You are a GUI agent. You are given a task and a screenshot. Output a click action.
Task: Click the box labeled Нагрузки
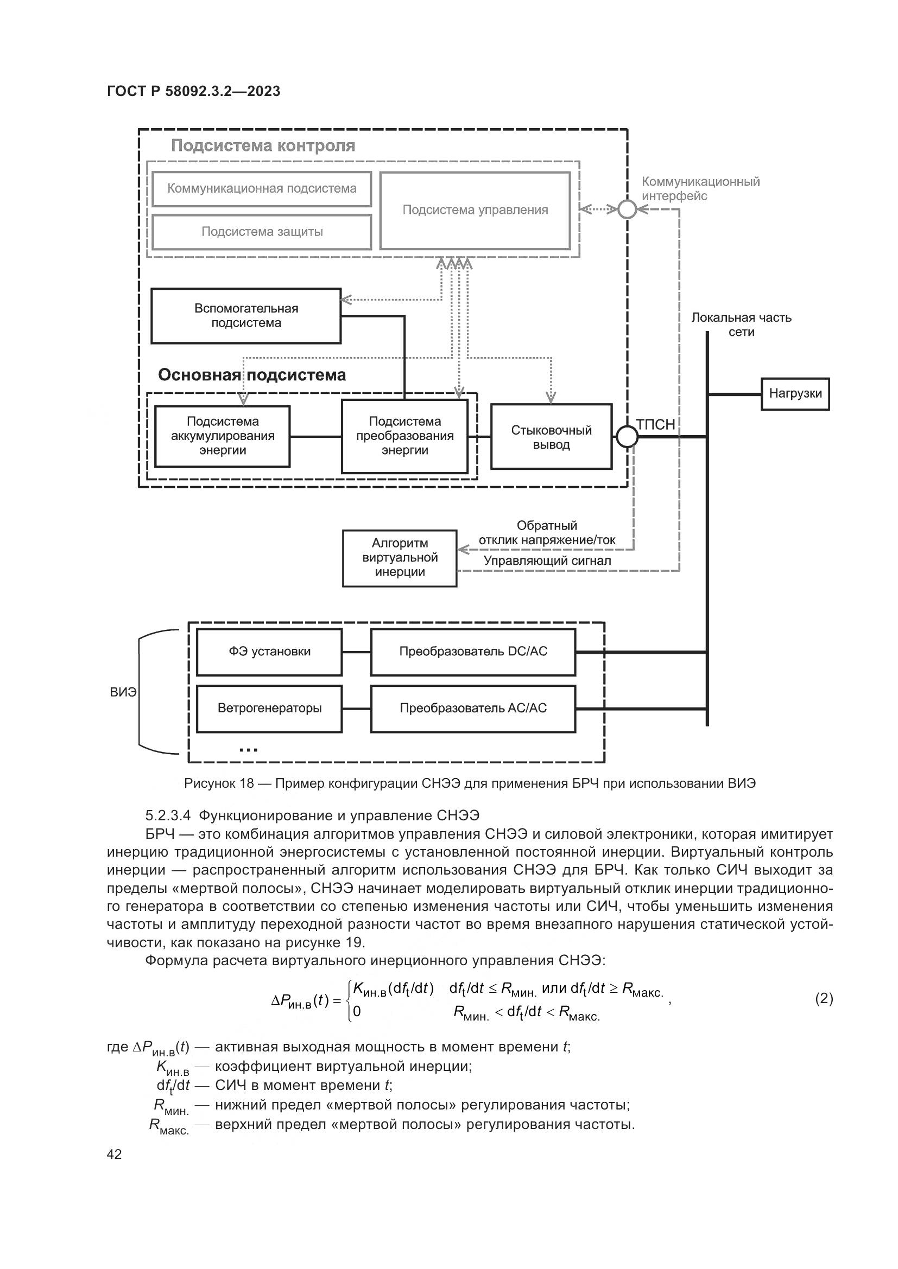point(795,393)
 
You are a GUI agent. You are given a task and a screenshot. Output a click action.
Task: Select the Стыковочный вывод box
point(551,437)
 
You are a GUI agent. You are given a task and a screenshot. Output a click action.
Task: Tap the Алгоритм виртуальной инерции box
point(399,558)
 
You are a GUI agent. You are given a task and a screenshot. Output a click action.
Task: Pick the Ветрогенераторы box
point(269,708)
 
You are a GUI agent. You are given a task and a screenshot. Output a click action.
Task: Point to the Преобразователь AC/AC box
point(473,708)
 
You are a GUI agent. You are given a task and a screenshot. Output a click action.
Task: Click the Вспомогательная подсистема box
point(246,316)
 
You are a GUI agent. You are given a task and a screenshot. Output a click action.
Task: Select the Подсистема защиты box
point(262,232)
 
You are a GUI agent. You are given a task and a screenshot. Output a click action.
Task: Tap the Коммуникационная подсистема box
point(262,188)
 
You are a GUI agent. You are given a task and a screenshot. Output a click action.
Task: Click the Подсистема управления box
point(475,210)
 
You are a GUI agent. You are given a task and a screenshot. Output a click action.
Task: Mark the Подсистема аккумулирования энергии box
point(222,436)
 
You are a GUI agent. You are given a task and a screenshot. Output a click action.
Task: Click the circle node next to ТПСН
point(627,437)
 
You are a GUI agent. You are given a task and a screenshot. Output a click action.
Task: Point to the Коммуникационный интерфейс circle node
point(627,209)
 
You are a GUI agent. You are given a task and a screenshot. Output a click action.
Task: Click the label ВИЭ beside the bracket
point(123,692)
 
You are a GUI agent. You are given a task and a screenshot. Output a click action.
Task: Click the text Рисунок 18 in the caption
point(218,783)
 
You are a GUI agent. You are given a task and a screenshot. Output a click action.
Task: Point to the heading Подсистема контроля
point(263,145)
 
